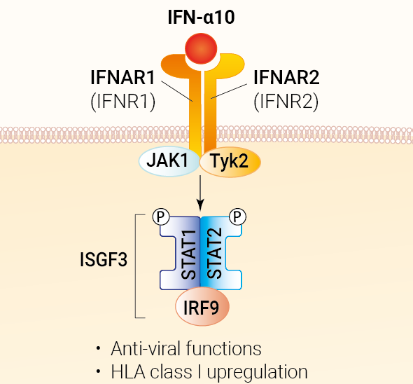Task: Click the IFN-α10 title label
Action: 201,18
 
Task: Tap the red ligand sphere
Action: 201,49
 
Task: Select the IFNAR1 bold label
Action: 122,78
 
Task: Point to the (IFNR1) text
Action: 122,102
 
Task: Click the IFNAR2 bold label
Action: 286,78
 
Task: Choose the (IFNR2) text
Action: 286,102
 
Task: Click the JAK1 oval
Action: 169,161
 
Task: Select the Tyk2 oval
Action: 230,161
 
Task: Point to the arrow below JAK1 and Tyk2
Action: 200,193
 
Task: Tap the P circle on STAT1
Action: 161,217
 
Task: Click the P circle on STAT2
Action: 238,217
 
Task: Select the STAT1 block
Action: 180,253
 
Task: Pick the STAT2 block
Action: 220,253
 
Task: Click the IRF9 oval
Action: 202,306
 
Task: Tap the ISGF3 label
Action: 104,260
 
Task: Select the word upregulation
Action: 258,373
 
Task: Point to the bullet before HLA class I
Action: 99,371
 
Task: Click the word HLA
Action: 128,372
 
